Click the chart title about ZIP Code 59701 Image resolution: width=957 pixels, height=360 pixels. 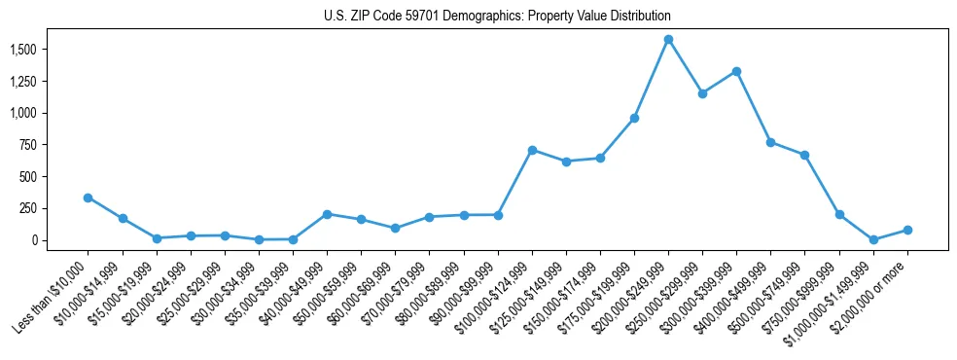coord(497,17)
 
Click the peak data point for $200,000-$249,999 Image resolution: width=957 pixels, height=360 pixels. coord(668,40)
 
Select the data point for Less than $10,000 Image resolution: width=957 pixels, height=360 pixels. coord(88,198)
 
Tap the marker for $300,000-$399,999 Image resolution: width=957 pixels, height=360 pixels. coord(736,71)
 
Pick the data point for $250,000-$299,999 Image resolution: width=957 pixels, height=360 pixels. coord(702,93)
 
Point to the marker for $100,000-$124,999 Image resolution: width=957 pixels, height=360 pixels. coord(532,150)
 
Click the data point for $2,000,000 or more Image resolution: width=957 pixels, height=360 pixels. coord(907,230)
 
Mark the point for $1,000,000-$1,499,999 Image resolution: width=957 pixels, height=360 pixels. coord(873,239)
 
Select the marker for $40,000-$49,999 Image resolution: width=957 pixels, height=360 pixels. coord(327,214)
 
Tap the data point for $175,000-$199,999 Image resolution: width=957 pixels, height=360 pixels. coord(634,118)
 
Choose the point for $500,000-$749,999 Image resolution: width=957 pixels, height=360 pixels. coord(805,155)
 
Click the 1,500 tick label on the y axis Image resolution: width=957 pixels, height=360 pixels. coord(22,50)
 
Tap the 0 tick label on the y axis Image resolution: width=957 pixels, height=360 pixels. coord(35,240)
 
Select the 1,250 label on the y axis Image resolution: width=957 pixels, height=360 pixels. coord(22,82)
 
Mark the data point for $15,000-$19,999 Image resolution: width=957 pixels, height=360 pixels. coord(156,237)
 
